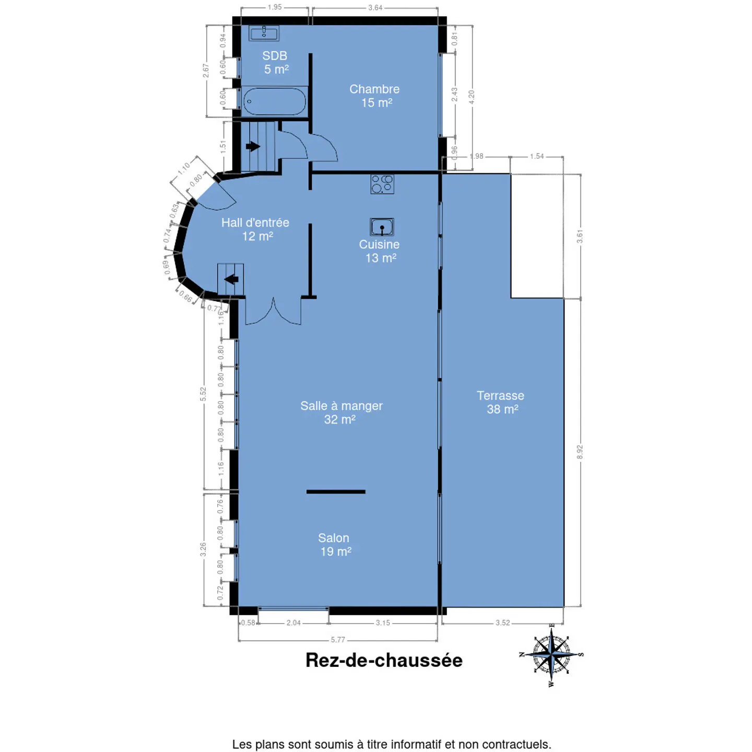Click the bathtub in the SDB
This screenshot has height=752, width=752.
[x=274, y=101]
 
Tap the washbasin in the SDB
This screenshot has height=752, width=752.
[x=264, y=33]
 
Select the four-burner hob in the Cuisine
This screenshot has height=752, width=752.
[x=382, y=184]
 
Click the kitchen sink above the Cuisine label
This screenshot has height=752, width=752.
[x=382, y=227]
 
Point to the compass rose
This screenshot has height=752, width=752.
[x=551, y=654]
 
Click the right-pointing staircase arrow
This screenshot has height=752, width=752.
[x=253, y=146]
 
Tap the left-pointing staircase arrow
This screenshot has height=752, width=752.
[x=231, y=279]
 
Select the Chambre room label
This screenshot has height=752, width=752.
[x=374, y=96]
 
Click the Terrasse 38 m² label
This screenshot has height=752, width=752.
[x=501, y=402]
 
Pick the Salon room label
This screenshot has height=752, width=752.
[x=334, y=544]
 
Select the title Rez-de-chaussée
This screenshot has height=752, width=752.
[x=384, y=660]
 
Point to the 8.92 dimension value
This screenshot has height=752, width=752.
[x=580, y=452]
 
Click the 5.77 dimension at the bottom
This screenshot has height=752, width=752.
[x=338, y=640]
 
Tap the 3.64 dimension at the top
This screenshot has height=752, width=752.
[x=375, y=7]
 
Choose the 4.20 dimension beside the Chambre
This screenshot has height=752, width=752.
[x=472, y=97]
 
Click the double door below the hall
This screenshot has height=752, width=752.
[x=273, y=311]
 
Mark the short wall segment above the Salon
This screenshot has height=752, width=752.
[x=336, y=492]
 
